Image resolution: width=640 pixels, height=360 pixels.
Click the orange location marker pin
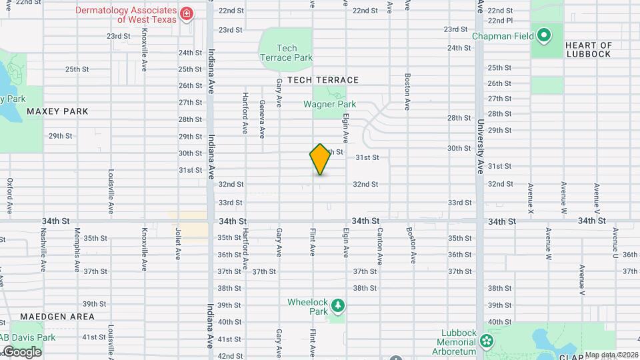point(321,159)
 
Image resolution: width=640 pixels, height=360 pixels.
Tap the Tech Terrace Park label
point(286,53)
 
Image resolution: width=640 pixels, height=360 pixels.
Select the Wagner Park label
point(329,104)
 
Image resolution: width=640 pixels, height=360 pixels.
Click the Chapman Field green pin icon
point(543,35)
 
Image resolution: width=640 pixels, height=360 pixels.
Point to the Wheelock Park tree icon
point(339,305)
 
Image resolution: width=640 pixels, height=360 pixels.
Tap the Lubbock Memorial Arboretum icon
point(487,342)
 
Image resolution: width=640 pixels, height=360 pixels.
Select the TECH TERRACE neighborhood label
point(323,80)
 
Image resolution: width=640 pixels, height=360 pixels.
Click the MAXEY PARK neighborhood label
point(57,111)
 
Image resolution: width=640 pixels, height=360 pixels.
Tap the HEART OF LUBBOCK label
point(588,49)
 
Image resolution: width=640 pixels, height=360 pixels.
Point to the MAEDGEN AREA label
point(57,317)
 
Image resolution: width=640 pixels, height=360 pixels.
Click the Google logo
point(21,351)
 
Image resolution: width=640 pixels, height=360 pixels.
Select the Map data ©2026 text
point(611,355)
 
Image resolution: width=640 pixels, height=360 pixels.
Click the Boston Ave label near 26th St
point(407,91)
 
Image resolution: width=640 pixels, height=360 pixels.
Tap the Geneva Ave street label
point(262,119)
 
